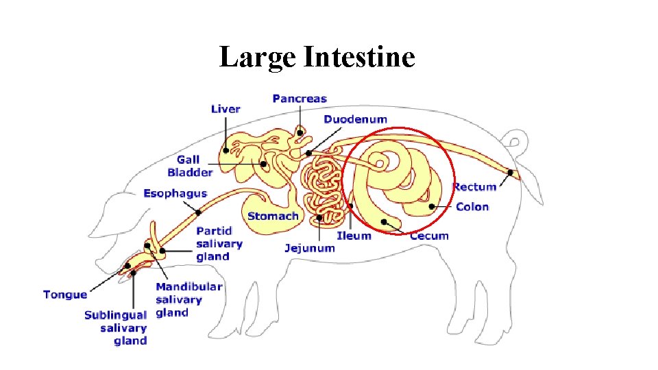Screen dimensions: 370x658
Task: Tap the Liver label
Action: point(226,109)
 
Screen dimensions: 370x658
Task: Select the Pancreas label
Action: point(300,99)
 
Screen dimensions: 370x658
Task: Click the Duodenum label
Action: point(355,119)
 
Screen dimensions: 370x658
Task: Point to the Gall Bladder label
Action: point(190,166)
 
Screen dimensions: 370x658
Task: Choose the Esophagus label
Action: point(175,194)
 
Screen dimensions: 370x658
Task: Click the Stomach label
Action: point(273,217)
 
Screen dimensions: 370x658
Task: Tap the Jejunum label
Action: point(310,247)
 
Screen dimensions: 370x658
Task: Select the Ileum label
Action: point(354,236)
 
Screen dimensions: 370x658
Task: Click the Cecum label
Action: point(429,236)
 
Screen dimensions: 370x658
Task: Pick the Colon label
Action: point(472,207)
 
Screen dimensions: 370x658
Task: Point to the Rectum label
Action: point(474,187)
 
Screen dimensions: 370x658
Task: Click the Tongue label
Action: point(65,295)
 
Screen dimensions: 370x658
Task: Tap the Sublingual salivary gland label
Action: point(115,328)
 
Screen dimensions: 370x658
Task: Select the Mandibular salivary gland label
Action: point(188,299)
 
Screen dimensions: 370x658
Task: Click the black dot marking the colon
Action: point(432,206)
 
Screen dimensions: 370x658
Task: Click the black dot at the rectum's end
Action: point(511,172)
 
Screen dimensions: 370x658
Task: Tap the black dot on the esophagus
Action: point(198,212)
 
